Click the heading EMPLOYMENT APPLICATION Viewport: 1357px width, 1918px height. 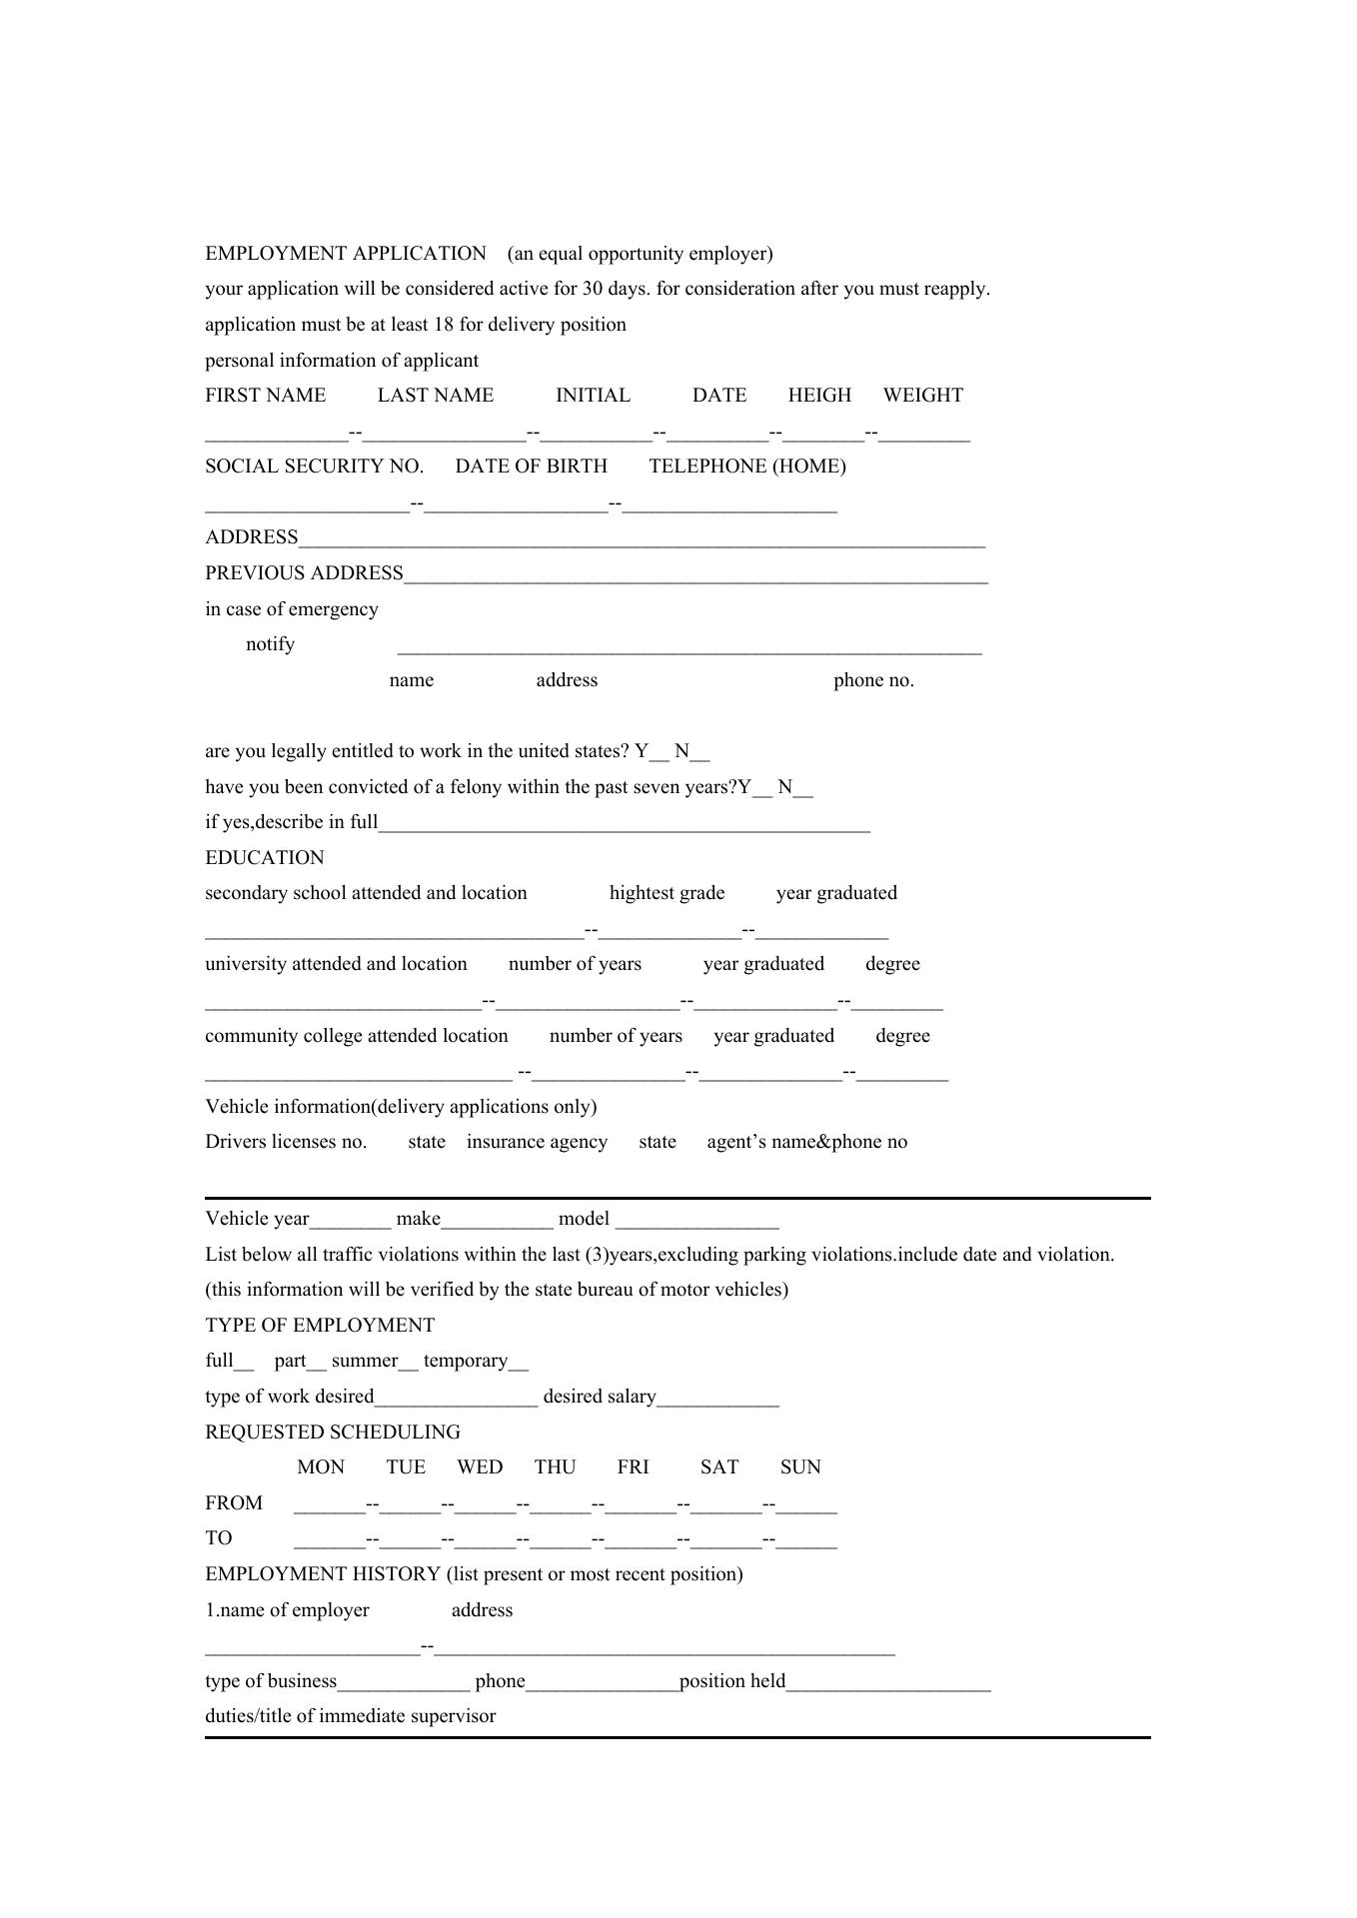[x=346, y=254]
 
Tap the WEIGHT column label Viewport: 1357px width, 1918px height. [x=922, y=396]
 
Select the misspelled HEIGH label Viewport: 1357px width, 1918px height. [x=819, y=396]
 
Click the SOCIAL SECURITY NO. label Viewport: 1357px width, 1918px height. [x=314, y=467]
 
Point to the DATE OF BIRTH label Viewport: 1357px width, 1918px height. [x=531, y=467]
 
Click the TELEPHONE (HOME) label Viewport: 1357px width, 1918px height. [x=746, y=467]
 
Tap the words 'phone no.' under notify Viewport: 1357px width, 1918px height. [x=873, y=680]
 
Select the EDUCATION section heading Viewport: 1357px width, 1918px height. [x=264, y=858]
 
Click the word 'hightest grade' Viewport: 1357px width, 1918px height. [x=667, y=893]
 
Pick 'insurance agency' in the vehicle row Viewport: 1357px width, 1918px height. [x=537, y=1142]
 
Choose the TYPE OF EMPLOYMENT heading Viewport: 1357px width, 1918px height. [x=320, y=1326]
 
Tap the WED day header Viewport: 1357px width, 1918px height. [x=480, y=1467]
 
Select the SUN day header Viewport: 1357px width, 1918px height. [x=800, y=1467]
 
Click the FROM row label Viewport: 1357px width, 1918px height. [x=234, y=1503]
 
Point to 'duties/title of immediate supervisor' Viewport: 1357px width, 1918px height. [x=350, y=1716]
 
